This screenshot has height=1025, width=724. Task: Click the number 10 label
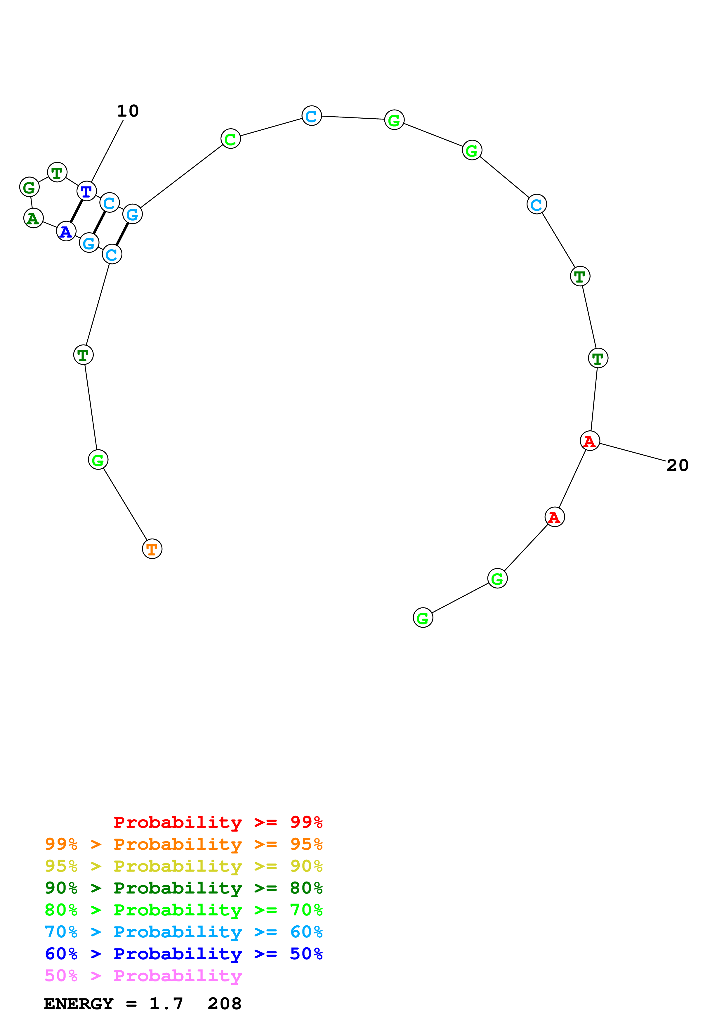pyautogui.click(x=128, y=111)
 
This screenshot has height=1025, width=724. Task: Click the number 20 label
pyautogui.click(x=677, y=465)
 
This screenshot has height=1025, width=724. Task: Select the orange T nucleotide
pyautogui.click(x=152, y=549)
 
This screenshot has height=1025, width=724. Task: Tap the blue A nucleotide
pyautogui.click(x=66, y=231)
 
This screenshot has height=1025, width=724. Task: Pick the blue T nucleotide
pyautogui.click(x=86, y=191)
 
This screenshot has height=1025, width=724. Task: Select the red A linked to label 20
pyautogui.click(x=590, y=441)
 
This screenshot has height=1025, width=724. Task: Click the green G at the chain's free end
pyautogui.click(x=423, y=618)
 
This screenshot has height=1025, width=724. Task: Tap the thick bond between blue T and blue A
pyautogui.click(x=76, y=211)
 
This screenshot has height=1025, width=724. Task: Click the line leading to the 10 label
pyautogui.click(x=107, y=151)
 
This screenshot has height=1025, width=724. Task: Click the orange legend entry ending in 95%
pyautogui.click(x=183, y=844)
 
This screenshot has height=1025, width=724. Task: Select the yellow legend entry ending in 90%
pyautogui.click(x=183, y=866)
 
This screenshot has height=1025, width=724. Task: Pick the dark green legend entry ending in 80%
pyautogui.click(x=183, y=888)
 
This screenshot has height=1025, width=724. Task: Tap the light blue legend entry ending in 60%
pyautogui.click(x=183, y=932)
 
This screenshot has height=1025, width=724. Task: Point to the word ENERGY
pyautogui.click(x=79, y=1004)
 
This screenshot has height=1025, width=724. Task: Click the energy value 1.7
pyautogui.click(x=166, y=1004)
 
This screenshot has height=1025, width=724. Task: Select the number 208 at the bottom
pyautogui.click(x=224, y=1004)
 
